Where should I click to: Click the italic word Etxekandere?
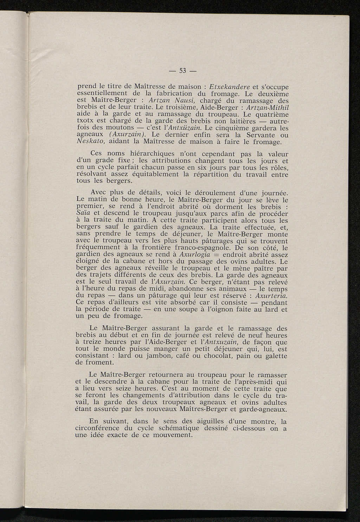pyautogui.click(x=230, y=87)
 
